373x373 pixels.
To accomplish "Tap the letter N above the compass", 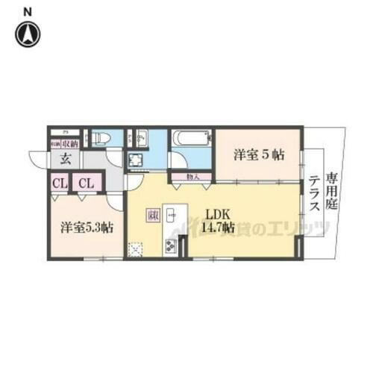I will pyautogui.click(x=28, y=10).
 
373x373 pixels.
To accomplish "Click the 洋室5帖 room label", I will pyautogui.click(x=259, y=155).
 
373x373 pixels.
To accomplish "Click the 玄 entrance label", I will pyautogui.click(x=65, y=158).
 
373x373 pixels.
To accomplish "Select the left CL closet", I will pyautogui.click(x=59, y=182).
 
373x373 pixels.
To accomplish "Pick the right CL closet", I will pyautogui.click(x=87, y=182).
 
